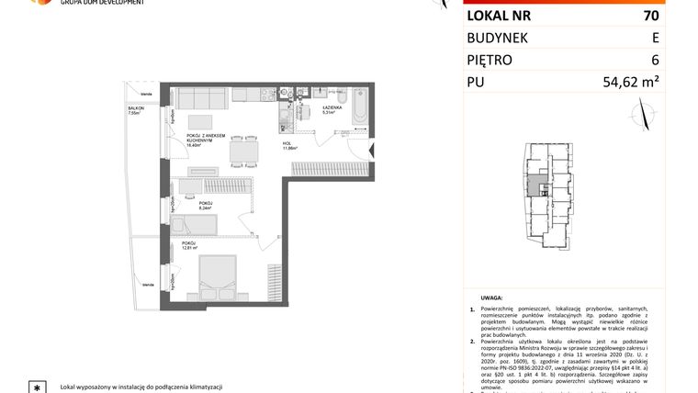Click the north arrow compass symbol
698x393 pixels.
tap(644, 114)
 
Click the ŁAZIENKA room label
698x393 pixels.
tap(332, 107)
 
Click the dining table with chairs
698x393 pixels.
tap(243, 147)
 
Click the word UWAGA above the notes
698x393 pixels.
tap(491, 298)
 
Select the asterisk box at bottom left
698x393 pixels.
tap(37, 386)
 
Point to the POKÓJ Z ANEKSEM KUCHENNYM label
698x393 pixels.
tap(206, 138)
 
